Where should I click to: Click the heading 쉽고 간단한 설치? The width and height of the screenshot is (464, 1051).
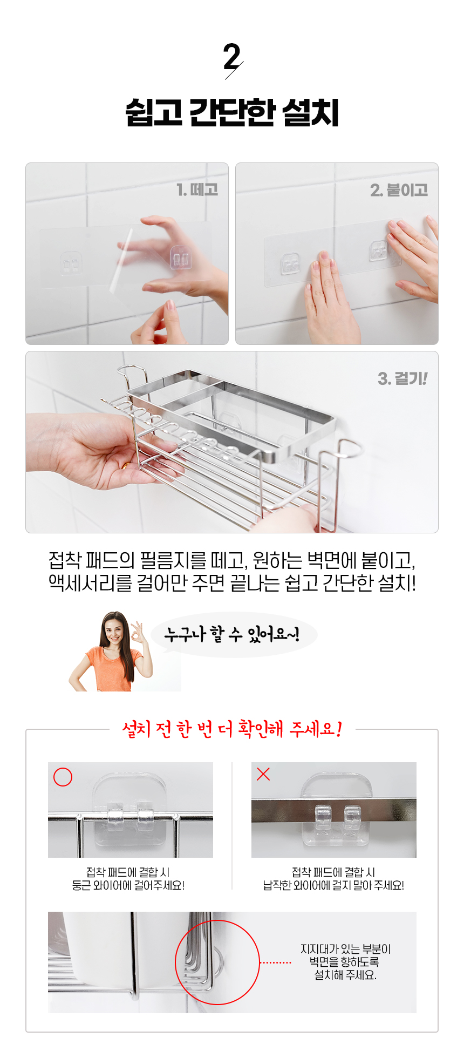(x=232, y=113)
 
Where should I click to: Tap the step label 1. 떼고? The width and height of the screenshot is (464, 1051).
(x=197, y=189)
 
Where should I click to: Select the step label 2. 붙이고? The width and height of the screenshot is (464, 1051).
(x=399, y=190)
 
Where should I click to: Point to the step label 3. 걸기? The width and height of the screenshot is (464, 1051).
(x=402, y=378)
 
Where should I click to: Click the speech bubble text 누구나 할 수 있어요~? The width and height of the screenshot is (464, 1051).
(x=232, y=634)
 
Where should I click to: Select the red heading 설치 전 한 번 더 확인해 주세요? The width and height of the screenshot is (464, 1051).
(x=232, y=729)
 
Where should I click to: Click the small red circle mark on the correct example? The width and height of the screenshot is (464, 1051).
(x=63, y=777)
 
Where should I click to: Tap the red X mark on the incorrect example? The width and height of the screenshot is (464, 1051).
(x=263, y=774)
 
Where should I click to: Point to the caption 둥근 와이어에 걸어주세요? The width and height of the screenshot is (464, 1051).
(x=128, y=885)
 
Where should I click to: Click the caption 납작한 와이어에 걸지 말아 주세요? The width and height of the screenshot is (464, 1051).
(x=333, y=885)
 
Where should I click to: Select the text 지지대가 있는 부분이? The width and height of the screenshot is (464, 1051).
(x=345, y=949)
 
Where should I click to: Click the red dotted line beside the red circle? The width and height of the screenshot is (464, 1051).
(x=275, y=962)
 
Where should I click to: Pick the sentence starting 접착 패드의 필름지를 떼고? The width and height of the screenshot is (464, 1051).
(x=232, y=560)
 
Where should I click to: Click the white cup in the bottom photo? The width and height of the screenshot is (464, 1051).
(x=97, y=950)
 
